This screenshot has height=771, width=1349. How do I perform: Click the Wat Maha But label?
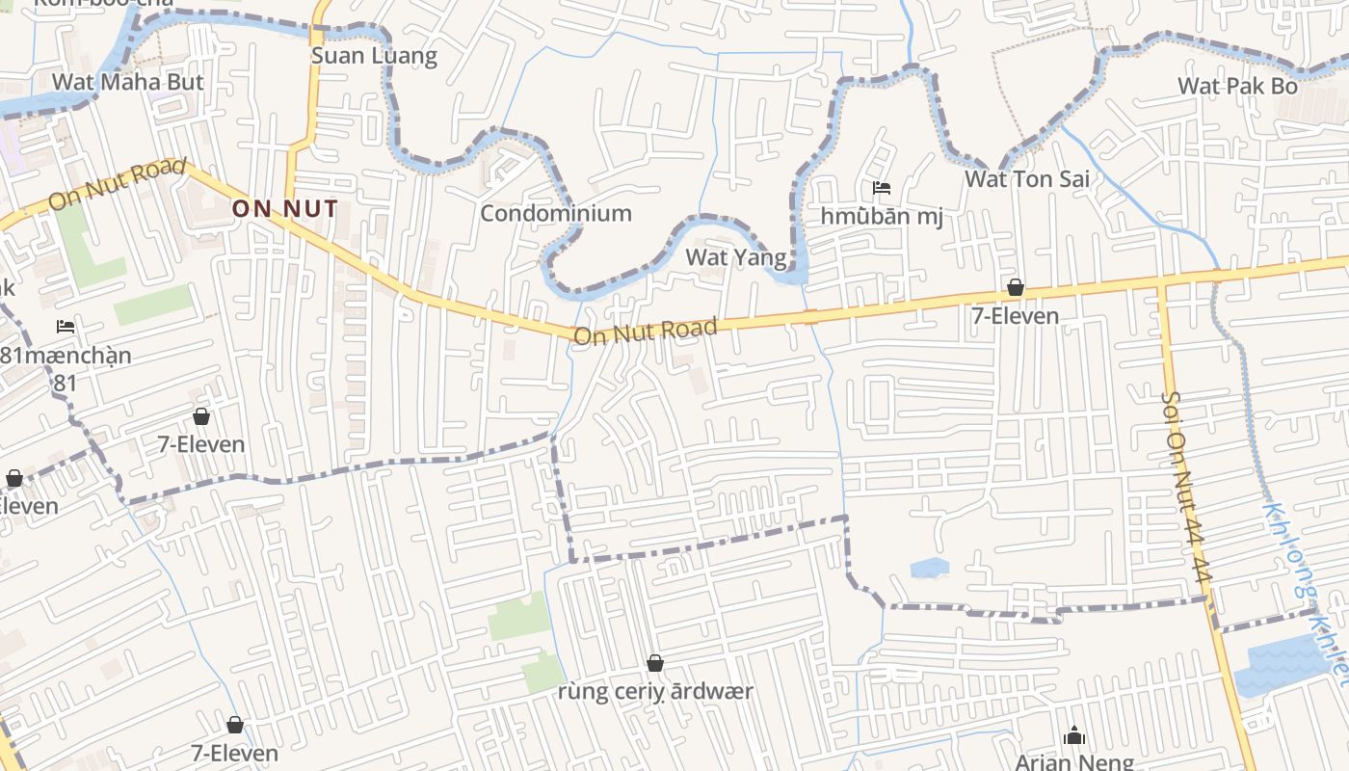pos(128,82)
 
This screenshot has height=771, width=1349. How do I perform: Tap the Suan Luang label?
pos(374,56)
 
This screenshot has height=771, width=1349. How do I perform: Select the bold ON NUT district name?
pos(285,208)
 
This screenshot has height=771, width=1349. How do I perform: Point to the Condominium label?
pos(556,213)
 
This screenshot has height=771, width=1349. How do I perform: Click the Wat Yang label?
pos(736,256)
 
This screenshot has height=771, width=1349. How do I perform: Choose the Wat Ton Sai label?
pos(1027,178)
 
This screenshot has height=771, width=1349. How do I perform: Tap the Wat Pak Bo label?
pos(1238,86)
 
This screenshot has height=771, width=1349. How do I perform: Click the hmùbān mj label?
pos(882,216)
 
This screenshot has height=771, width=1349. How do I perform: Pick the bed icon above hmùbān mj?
pos(881,188)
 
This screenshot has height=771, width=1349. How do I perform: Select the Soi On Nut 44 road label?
pos(1184,487)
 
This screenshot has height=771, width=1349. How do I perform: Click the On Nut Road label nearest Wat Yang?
pos(646,332)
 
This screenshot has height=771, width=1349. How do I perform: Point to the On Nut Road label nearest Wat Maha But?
pos(117,185)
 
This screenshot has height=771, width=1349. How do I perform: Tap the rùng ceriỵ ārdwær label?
pos(655,691)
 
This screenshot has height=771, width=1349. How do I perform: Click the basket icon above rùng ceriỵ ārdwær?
pos(655,663)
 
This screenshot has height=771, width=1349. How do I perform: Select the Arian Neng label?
pos(1074,762)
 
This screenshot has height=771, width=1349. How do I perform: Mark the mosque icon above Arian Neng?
pos(1074,736)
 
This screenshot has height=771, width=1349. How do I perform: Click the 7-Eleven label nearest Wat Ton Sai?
pos(1015,315)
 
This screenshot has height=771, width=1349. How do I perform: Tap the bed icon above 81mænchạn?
pos(66,327)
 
